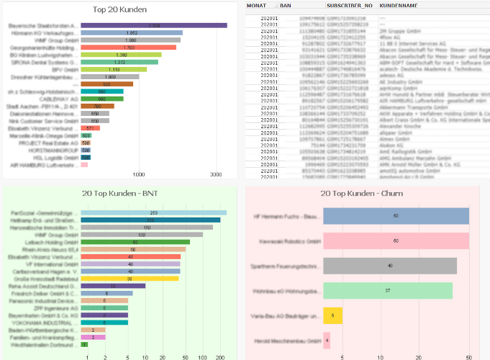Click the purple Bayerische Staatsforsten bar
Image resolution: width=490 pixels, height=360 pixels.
[x=154, y=25]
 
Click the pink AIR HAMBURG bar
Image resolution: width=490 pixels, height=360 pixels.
[x=84, y=165]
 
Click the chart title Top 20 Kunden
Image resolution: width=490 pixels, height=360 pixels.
[x=120, y=9]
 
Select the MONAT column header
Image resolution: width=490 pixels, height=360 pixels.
[x=256, y=5]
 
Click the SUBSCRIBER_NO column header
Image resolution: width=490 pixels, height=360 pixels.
[x=350, y=5]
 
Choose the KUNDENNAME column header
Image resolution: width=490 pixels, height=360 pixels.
[x=399, y=5]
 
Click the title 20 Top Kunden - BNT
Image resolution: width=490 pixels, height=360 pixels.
[x=120, y=194]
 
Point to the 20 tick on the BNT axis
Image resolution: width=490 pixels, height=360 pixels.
[x=165, y=356]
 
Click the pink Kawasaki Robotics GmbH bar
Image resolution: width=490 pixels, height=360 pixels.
[x=396, y=240]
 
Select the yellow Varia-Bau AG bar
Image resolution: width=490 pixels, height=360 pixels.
[x=333, y=315]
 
